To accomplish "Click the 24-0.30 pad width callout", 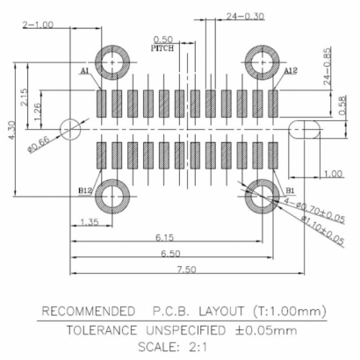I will (245, 16).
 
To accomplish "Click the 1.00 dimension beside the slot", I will (332, 173).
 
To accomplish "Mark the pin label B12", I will (86, 190).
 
